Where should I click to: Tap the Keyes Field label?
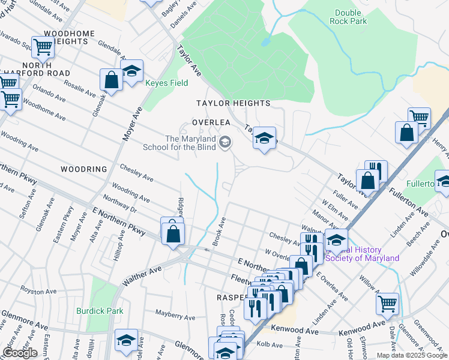coord(167,83)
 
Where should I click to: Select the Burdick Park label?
coord(100,311)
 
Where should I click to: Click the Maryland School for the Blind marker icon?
coord(225,142)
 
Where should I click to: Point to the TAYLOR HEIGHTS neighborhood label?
coord(234,104)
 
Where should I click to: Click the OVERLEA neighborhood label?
coord(211,122)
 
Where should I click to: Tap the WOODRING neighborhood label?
coord(83,170)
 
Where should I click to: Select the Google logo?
coord(20,353)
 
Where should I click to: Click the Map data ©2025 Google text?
coord(412,355)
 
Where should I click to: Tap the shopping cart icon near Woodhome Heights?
coord(43,46)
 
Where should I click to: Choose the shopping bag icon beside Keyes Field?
coord(112,79)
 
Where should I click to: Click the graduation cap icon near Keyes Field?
coord(131,71)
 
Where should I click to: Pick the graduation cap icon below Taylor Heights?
coord(264,139)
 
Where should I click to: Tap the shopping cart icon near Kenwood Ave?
coord(387,303)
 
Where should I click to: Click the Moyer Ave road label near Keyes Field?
coord(133,124)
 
